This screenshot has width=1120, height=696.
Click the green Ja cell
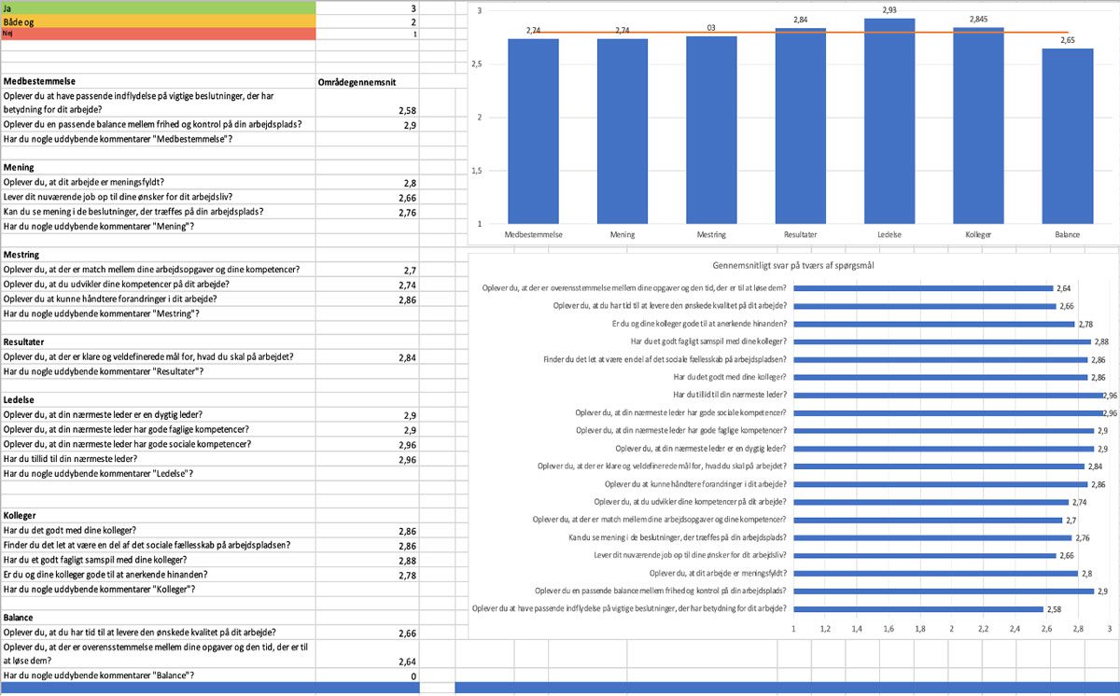pyautogui.click(x=159, y=7)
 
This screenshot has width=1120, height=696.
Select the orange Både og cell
pyautogui.click(x=159, y=21)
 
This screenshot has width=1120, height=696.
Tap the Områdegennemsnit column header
pyautogui.click(x=357, y=82)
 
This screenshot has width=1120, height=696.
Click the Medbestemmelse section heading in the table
pyautogui.click(x=40, y=82)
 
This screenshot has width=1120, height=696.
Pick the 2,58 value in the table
pyautogui.click(x=406, y=110)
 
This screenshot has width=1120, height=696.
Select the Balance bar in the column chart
pyautogui.click(x=1067, y=136)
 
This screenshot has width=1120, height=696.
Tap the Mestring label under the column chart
pyautogui.click(x=711, y=234)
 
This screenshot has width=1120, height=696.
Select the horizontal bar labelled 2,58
pyautogui.click(x=918, y=609)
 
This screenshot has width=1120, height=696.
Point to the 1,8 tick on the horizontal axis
pyautogui.click(x=919, y=630)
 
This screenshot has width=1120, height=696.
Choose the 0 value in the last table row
pyautogui.click(x=413, y=675)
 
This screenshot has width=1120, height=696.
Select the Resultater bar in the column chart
pyautogui.click(x=801, y=126)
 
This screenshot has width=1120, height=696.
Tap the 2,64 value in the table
pyautogui.click(x=406, y=662)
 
